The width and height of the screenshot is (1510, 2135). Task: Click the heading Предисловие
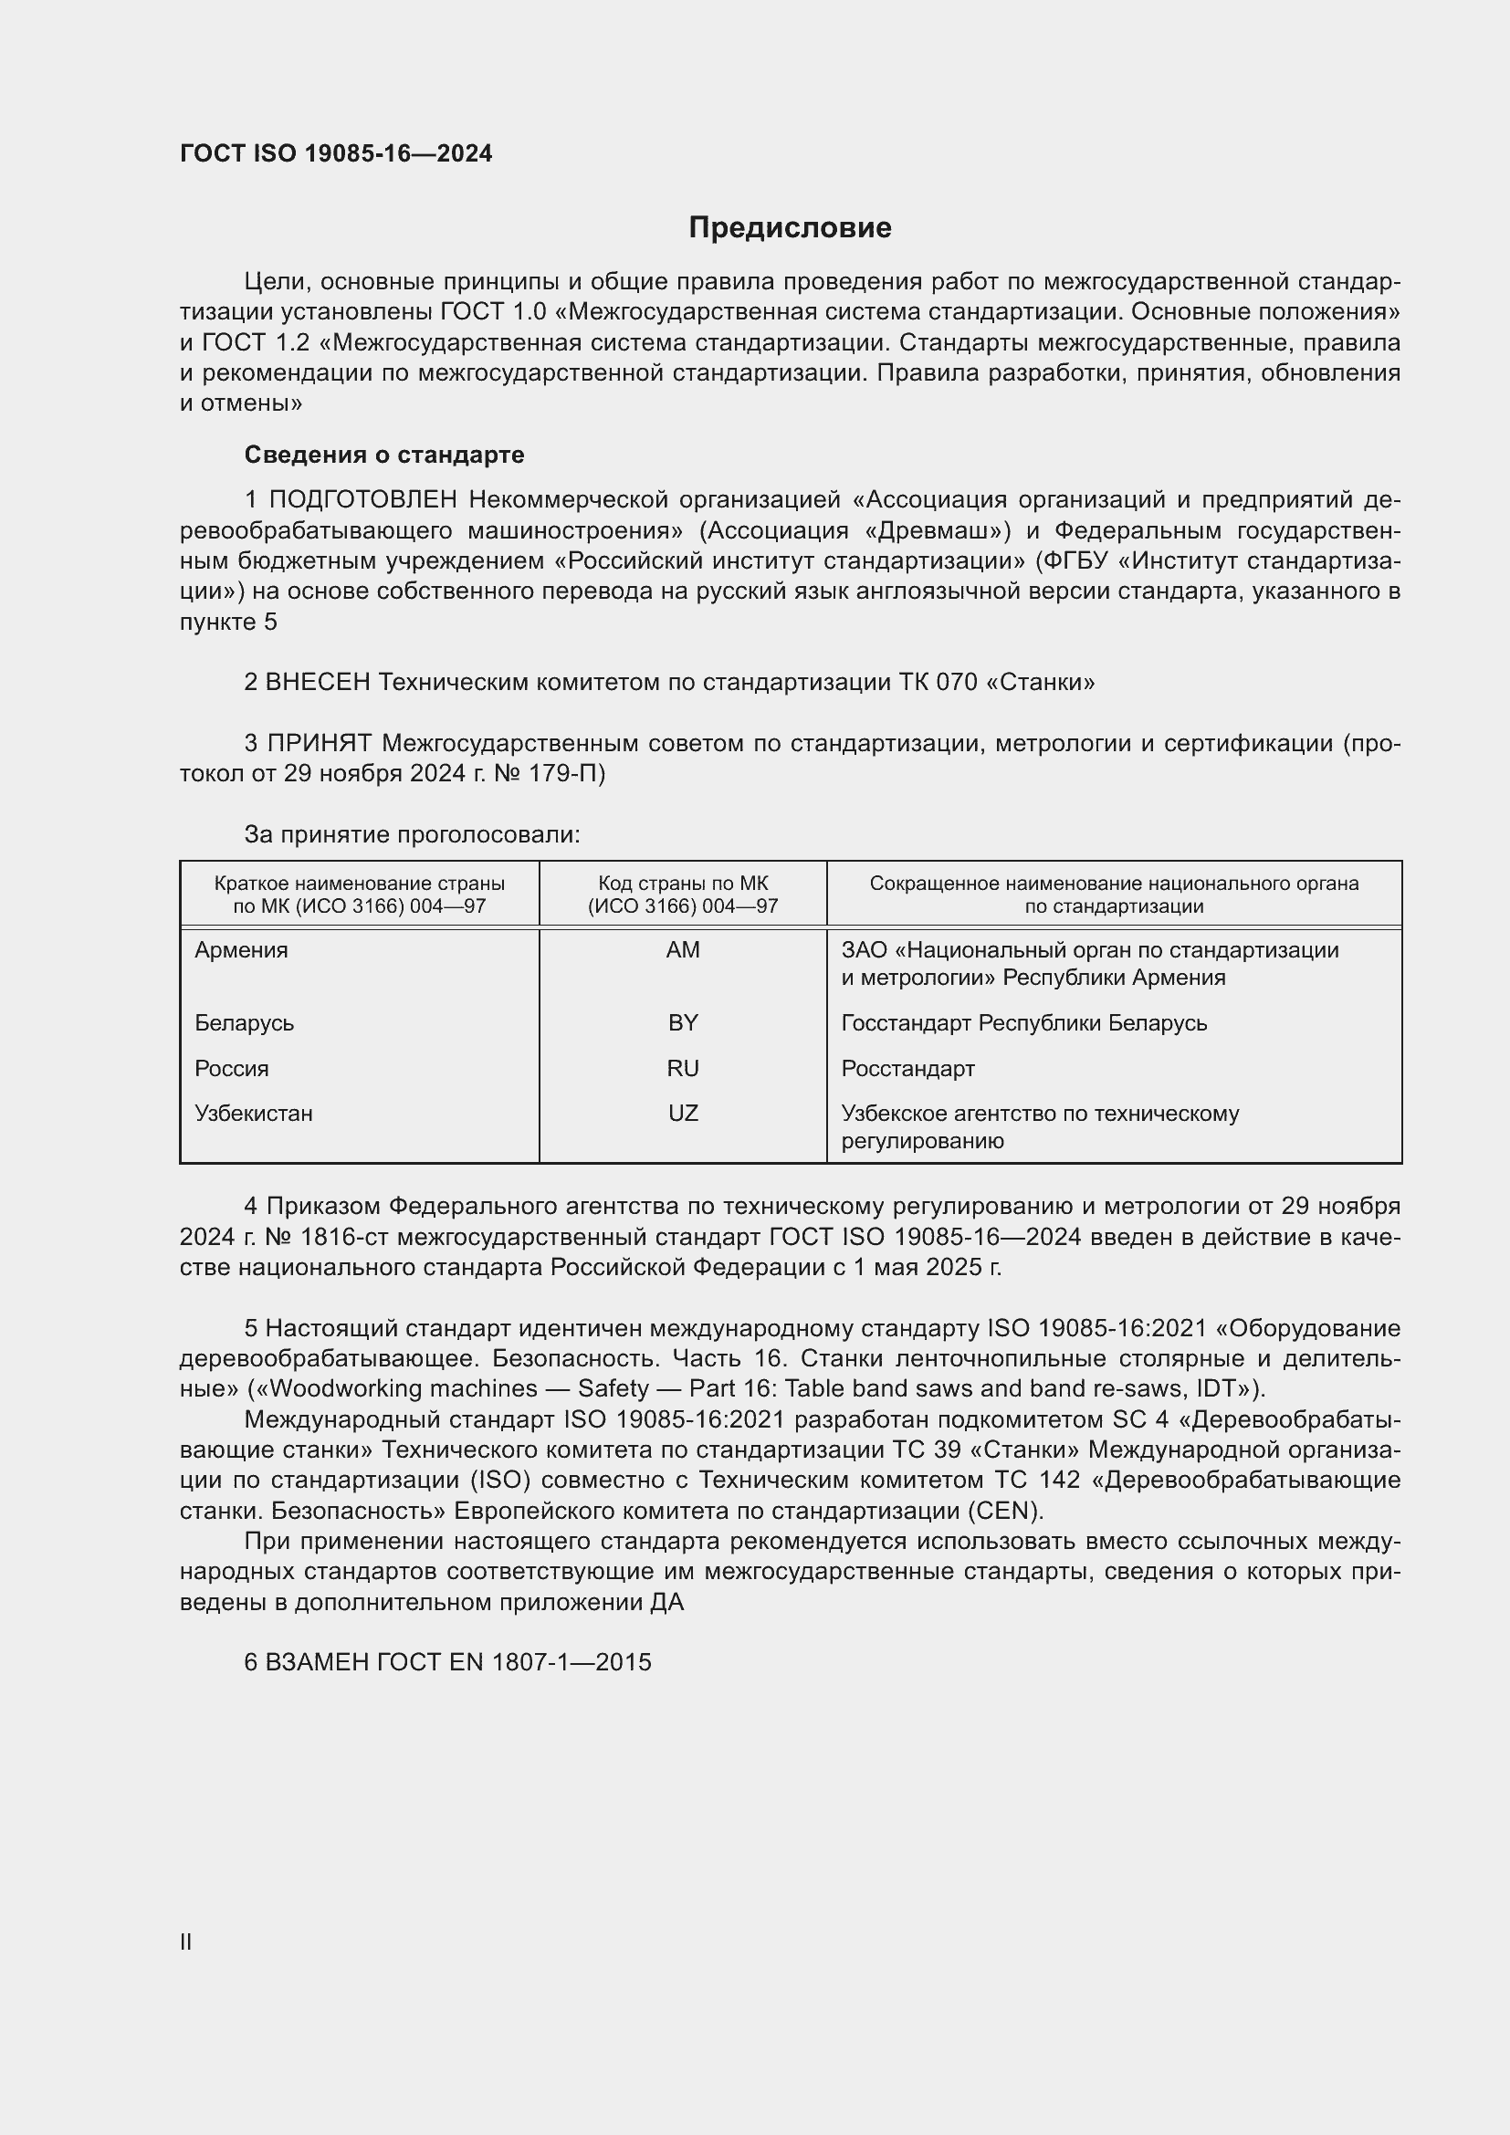tap(790, 228)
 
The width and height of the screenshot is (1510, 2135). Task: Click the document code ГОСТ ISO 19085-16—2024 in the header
tap(336, 154)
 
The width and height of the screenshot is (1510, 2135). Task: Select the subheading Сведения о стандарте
tap(384, 455)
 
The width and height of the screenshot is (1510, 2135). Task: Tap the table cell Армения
tap(241, 950)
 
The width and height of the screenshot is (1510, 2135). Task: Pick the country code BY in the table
tap(683, 1023)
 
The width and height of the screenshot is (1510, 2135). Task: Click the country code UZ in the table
tap(683, 1113)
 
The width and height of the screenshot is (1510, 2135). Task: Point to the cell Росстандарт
tap(907, 1069)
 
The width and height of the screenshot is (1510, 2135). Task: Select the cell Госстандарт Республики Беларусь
tap(1023, 1023)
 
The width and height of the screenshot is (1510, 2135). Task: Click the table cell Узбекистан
tap(253, 1113)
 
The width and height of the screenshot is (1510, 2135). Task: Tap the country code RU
tap(683, 1069)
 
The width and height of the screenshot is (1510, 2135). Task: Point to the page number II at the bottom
tap(186, 1941)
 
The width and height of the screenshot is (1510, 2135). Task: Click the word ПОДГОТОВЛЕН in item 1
tap(362, 500)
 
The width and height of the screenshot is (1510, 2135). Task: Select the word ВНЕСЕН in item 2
tap(317, 683)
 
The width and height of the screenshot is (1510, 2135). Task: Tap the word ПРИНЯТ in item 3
tap(319, 743)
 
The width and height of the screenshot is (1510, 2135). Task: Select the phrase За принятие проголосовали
tap(412, 835)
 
